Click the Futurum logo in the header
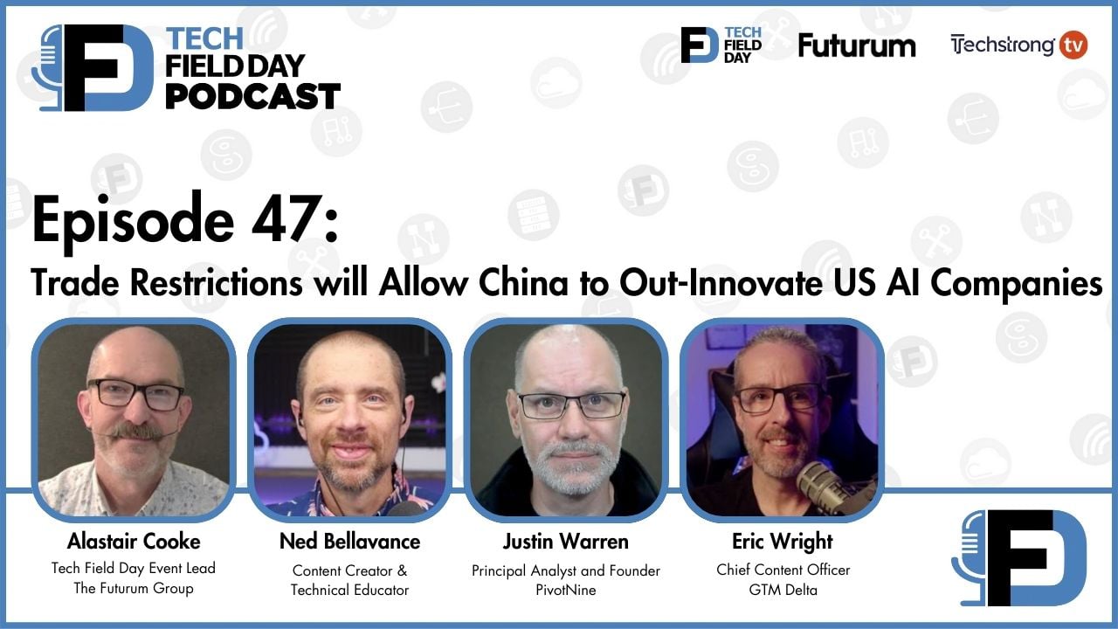tap(857, 45)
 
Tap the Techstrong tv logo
tap(1018, 45)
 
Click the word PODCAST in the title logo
tap(252, 96)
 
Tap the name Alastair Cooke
tap(134, 541)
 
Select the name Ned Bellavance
tap(349, 541)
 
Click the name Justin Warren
tap(565, 541)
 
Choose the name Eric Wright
tap(783, 541)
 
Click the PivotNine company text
tap(565, 590)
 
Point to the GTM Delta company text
tap(783, 589)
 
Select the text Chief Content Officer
tap(783, 570)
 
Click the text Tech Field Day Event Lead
tap(134, 568)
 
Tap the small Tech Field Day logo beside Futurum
tap(721, 45)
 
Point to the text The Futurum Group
tap(134, 588)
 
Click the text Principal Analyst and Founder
tap(565, 570)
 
